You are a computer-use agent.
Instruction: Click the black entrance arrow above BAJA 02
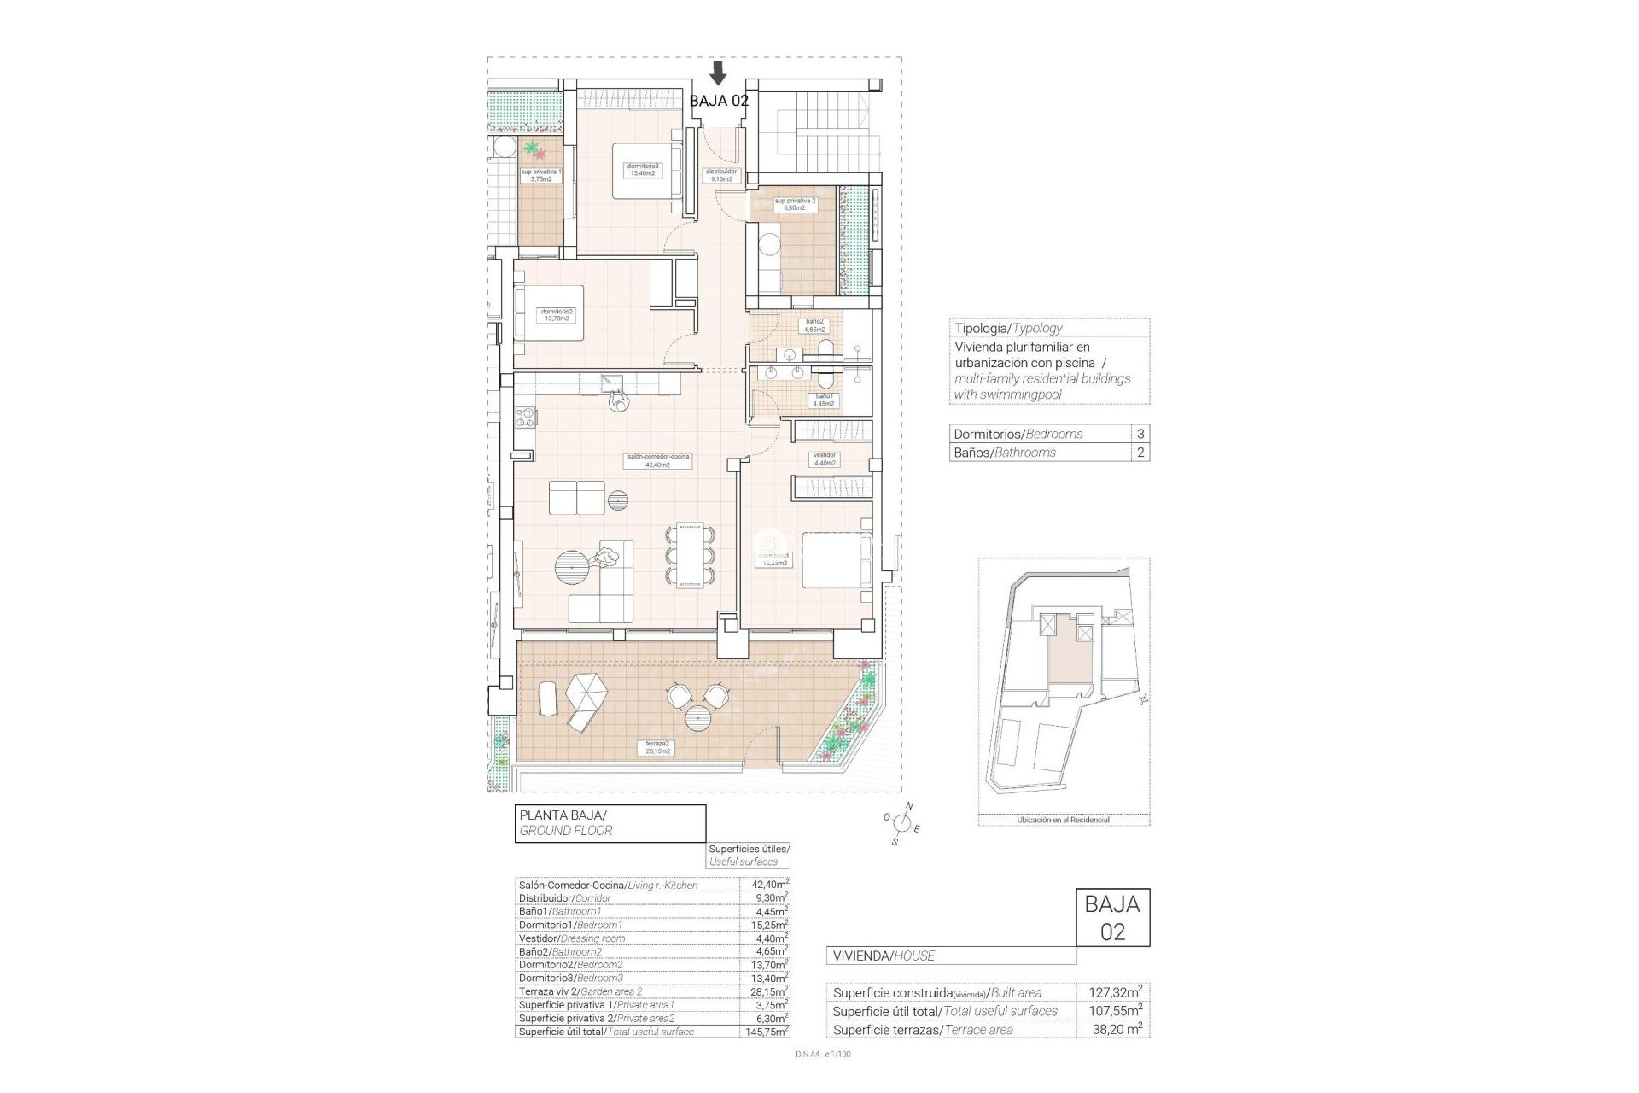point(719,73)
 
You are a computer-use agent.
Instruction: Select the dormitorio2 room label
point(557,315)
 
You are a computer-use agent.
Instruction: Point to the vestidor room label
point(824,459)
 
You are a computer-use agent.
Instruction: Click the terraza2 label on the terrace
point(654,748)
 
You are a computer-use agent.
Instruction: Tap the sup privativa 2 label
point(795,204)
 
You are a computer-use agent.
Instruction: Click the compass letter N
point(909,806)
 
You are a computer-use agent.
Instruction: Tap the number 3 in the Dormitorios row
point(1140,434)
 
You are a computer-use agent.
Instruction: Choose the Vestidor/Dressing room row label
point(572,938)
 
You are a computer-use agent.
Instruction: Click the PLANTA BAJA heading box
point(610,823)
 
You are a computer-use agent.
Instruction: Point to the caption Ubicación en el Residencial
point(1063,820)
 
